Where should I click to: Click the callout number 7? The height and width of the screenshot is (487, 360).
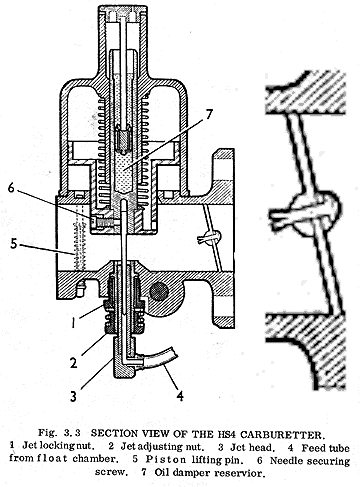(x=208, y=115)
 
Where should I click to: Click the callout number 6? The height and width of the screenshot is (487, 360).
(x=12, y=188)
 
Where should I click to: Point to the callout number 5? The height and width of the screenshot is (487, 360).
(x=13, y=243)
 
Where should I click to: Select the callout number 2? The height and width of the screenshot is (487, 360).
(x=74, y=362)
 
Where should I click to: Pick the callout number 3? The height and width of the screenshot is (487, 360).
(x=73, y=396)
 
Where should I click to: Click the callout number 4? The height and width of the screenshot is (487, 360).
(x=180, y=396)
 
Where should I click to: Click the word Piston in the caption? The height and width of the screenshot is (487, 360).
(x=166, y=460)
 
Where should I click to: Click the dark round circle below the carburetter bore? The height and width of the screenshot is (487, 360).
(x=159, y=292)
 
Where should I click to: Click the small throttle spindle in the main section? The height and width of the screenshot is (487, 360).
(x=211, y=237)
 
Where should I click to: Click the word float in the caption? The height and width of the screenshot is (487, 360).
(x=52, y=458)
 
